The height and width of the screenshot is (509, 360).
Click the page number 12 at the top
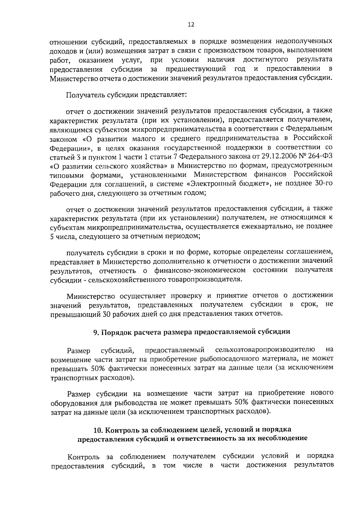click(x=191, y=25)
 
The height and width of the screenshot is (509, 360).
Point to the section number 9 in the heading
click(x=95, y=332)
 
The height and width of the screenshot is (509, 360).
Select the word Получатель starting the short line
click(x=84, y=95)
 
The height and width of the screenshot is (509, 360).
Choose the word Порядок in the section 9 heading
click(x=116, y=332)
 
